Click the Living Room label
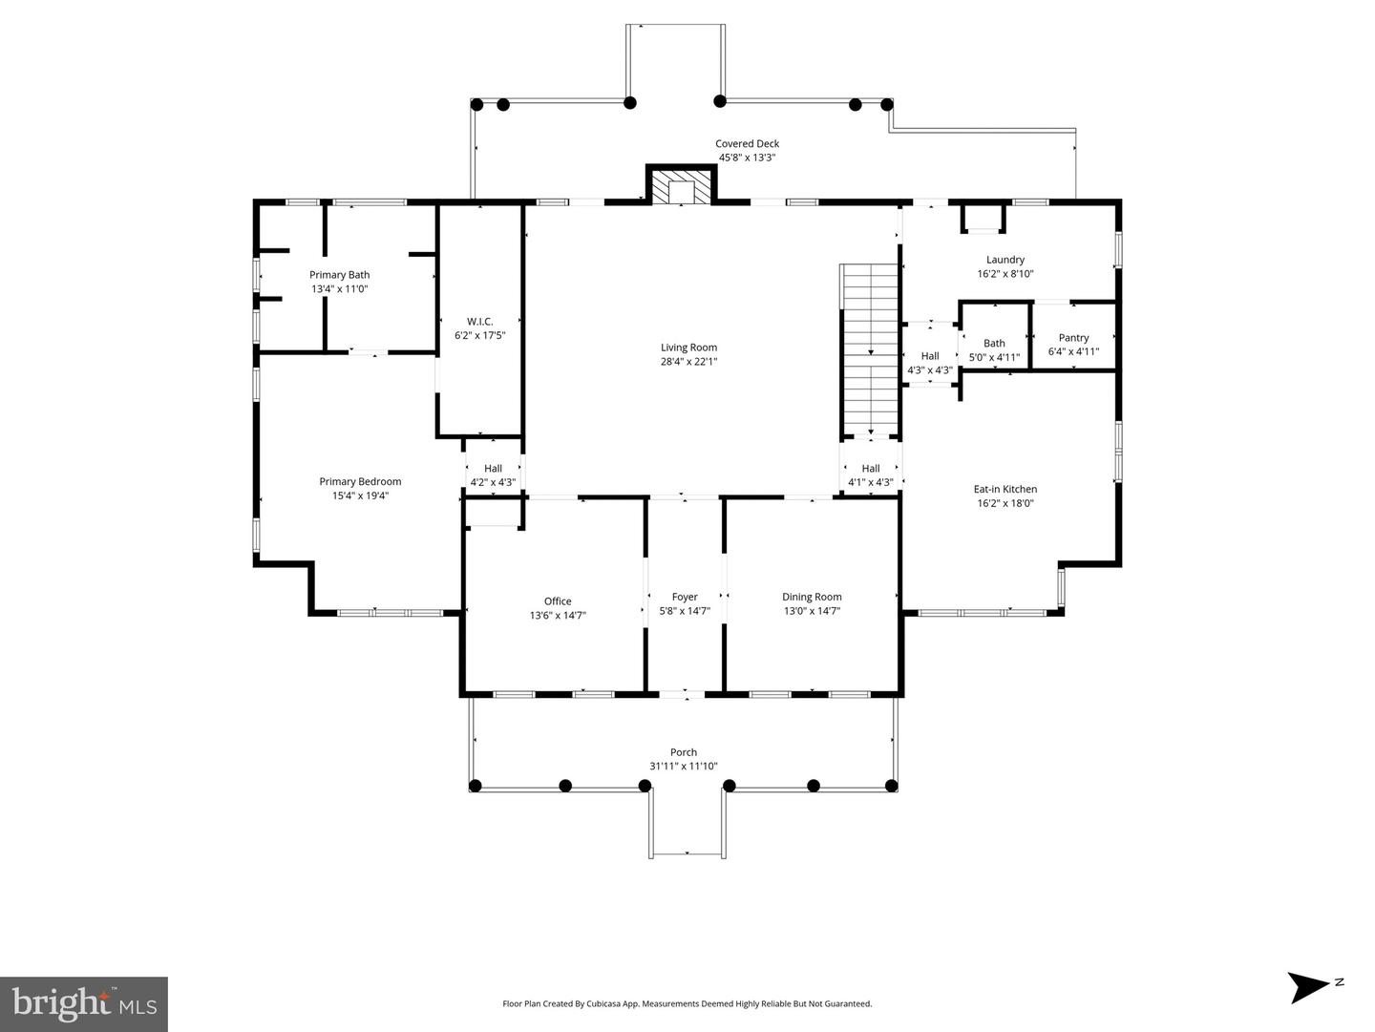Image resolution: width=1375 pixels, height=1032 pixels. coord(688,348)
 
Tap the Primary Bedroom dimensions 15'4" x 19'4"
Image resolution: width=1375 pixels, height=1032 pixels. coord(360,495)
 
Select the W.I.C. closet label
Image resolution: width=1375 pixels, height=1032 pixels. coord(479,321)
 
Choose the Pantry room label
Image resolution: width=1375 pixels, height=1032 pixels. coord(1073,337)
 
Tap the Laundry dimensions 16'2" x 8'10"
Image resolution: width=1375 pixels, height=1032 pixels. coord(1005,273)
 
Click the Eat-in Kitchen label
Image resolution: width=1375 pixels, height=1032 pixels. coord(1005,489)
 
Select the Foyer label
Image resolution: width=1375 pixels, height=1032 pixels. coord(684,597)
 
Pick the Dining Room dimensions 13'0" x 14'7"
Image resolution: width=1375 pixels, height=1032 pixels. coord(812,611)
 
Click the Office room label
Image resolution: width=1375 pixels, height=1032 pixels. coord(558,600)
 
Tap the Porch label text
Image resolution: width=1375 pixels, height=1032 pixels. coord(683,752)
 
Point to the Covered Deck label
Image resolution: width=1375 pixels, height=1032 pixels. coord(747,143)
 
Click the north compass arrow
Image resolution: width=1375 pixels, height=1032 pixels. coord(1308,986)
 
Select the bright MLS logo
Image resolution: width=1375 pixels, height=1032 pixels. coord(84,1004)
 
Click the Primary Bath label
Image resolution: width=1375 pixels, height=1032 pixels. coord(339,275)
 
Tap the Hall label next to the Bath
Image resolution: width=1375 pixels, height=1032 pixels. coord(929,356)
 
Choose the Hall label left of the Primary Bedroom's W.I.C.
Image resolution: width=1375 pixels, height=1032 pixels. coord(493,468)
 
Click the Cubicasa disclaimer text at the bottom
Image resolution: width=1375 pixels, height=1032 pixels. coord(687,1003)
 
